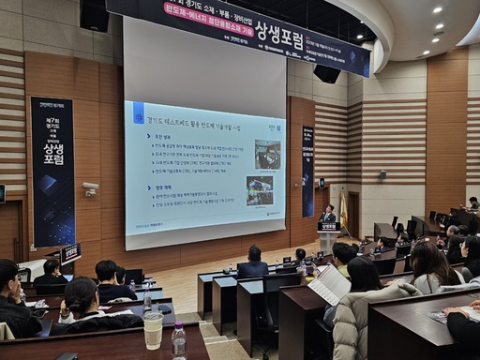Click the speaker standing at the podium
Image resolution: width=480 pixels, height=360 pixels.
[328, 213]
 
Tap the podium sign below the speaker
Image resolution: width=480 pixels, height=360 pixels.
[328, 227]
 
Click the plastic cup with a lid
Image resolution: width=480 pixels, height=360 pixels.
[153, 330]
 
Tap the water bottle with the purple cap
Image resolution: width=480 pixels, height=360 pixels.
[178, 340]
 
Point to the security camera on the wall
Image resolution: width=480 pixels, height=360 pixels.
[90, 188]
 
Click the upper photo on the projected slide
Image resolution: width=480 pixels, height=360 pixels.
[267, 153]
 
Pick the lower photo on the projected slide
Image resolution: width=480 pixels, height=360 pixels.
[260, 190]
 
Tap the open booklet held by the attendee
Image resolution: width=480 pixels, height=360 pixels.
[330, 284]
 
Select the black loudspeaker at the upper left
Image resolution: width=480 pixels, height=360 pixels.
[95, 14]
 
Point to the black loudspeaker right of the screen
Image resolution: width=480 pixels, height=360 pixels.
[327, 73]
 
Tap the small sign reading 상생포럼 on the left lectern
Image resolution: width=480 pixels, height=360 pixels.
[70, 253]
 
